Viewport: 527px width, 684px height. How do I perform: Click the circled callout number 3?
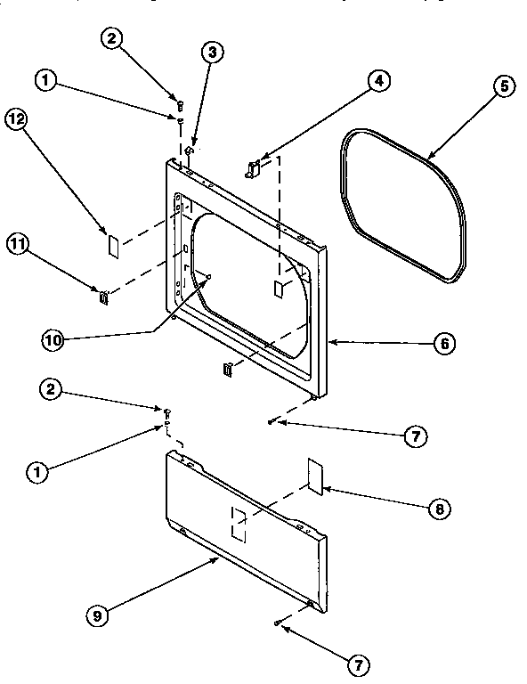coord(211,53)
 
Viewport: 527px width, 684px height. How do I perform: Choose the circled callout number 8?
coord(438,509)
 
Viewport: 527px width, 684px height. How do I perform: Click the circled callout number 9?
coord(99,613)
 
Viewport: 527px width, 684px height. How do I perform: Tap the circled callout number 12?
coord(15,118)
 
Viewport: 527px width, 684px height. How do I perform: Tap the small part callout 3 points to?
coord(190,152)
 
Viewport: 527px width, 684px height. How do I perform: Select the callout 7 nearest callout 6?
coord(413,436)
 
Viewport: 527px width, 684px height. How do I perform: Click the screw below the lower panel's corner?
coord(279,622)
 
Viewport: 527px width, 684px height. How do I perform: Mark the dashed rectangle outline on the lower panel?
coord(238,524)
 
